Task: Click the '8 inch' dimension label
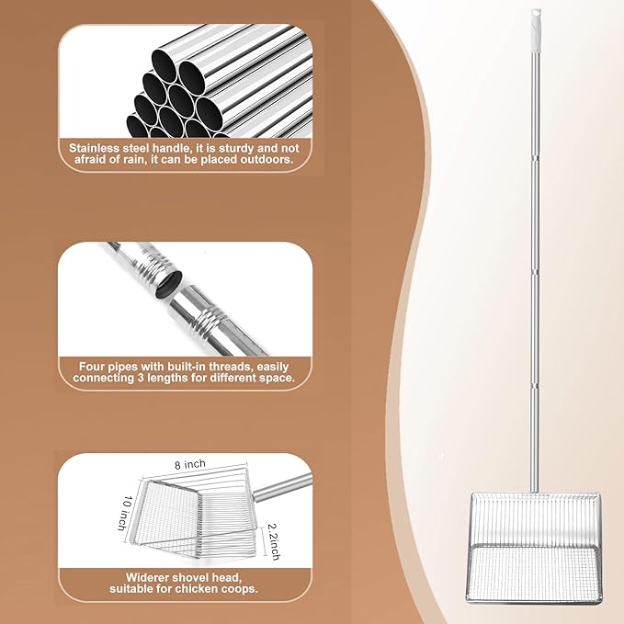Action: [x=190, y=464]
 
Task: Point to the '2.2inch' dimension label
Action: [x=274, y=541]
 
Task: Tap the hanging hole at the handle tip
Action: [x=536, y=15]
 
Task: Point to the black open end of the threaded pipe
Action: [x=169, y=283]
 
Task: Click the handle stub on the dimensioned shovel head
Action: [x=282, y=487]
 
